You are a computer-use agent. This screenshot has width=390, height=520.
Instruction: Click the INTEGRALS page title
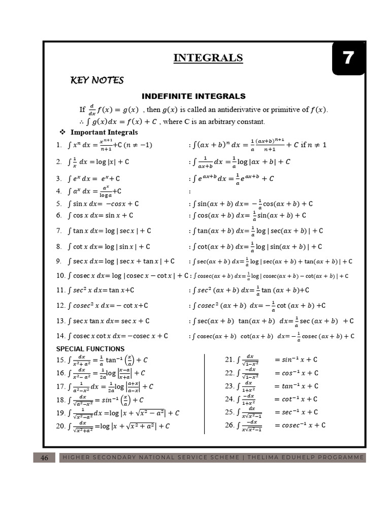(x=208, y=58)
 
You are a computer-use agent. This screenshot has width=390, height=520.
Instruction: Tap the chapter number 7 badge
(x=348, y=58)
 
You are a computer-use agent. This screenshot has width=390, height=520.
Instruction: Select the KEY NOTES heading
(x=96, y=80)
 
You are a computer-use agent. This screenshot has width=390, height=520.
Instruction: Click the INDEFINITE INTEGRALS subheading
(x=193, y=96)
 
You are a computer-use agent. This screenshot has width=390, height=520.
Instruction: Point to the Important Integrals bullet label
(x=104, y=133)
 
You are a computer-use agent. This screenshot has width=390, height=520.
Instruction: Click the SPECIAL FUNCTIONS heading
(x=90, y=349)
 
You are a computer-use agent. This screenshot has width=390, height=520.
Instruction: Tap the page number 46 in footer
(x=44, y=458)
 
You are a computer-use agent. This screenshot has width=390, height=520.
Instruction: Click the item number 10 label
(x=60, y=276)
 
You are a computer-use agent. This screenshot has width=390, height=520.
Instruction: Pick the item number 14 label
(x=60, y=336)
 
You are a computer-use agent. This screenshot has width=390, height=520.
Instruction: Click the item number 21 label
(x=229, y=360)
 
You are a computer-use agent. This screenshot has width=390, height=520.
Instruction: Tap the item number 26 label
(x=229, y=425)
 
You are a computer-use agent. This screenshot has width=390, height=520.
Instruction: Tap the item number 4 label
(x=59, y=191)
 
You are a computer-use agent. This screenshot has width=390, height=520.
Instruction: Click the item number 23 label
(x=229, y=386)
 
